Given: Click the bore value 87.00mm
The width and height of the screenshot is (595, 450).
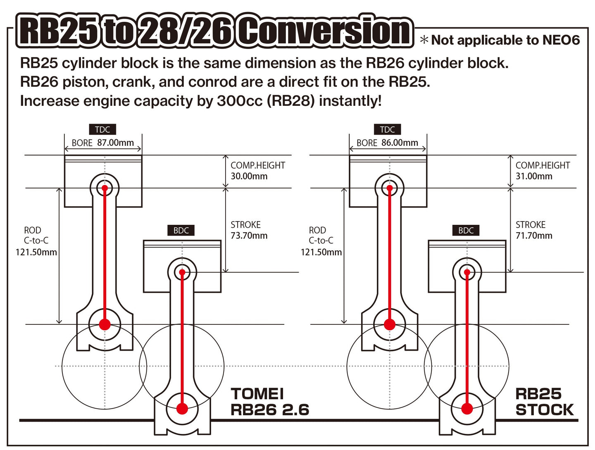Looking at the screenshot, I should (x=115, y=143).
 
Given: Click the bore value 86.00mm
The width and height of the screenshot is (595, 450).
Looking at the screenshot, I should (x=400, y=143).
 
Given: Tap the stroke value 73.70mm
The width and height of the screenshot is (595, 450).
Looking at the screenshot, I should (x=249, y=236).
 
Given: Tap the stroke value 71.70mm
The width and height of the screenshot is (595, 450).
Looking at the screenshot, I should (x=534, y=236).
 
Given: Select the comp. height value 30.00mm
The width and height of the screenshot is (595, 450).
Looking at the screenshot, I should (x=249, y=176).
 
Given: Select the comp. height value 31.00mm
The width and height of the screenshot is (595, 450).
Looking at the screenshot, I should (x=534, y=176).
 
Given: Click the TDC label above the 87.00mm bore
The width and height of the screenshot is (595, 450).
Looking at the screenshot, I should (x=102, y=129).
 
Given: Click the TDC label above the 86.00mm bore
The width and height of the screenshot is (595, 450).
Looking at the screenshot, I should (x=387, y=129).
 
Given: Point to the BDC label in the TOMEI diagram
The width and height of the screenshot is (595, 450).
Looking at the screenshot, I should (x=181, y=231).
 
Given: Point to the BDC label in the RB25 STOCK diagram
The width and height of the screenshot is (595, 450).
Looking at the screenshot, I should (x=466, y=231).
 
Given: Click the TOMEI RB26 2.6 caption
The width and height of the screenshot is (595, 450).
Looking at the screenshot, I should (x=269, y=402).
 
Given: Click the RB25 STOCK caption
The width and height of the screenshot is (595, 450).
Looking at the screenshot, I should (x=544, y=402).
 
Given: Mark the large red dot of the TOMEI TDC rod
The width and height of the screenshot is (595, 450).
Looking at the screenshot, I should (x=105, y=324).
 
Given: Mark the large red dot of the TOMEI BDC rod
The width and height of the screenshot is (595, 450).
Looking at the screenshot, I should (x=182, y=409).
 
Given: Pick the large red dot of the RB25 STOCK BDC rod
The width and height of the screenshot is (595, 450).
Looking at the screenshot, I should (x=467, y=409).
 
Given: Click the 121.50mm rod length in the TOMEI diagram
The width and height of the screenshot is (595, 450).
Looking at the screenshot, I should (x=36, y=252).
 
